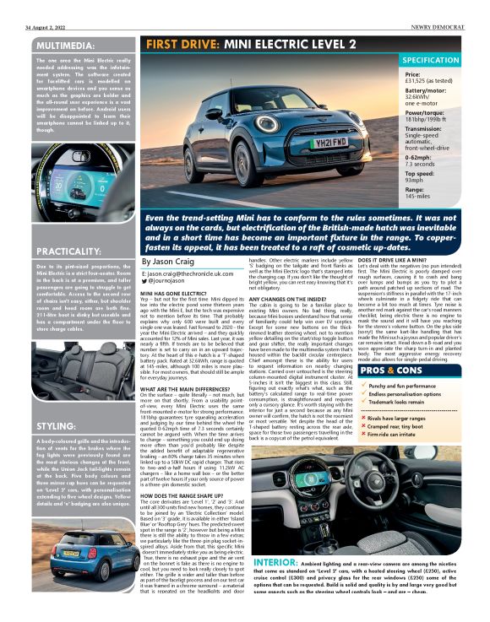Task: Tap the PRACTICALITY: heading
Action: (x=65, y=252)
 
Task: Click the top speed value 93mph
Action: (x=415, y=180)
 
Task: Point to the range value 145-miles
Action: (x=418, y=197)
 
